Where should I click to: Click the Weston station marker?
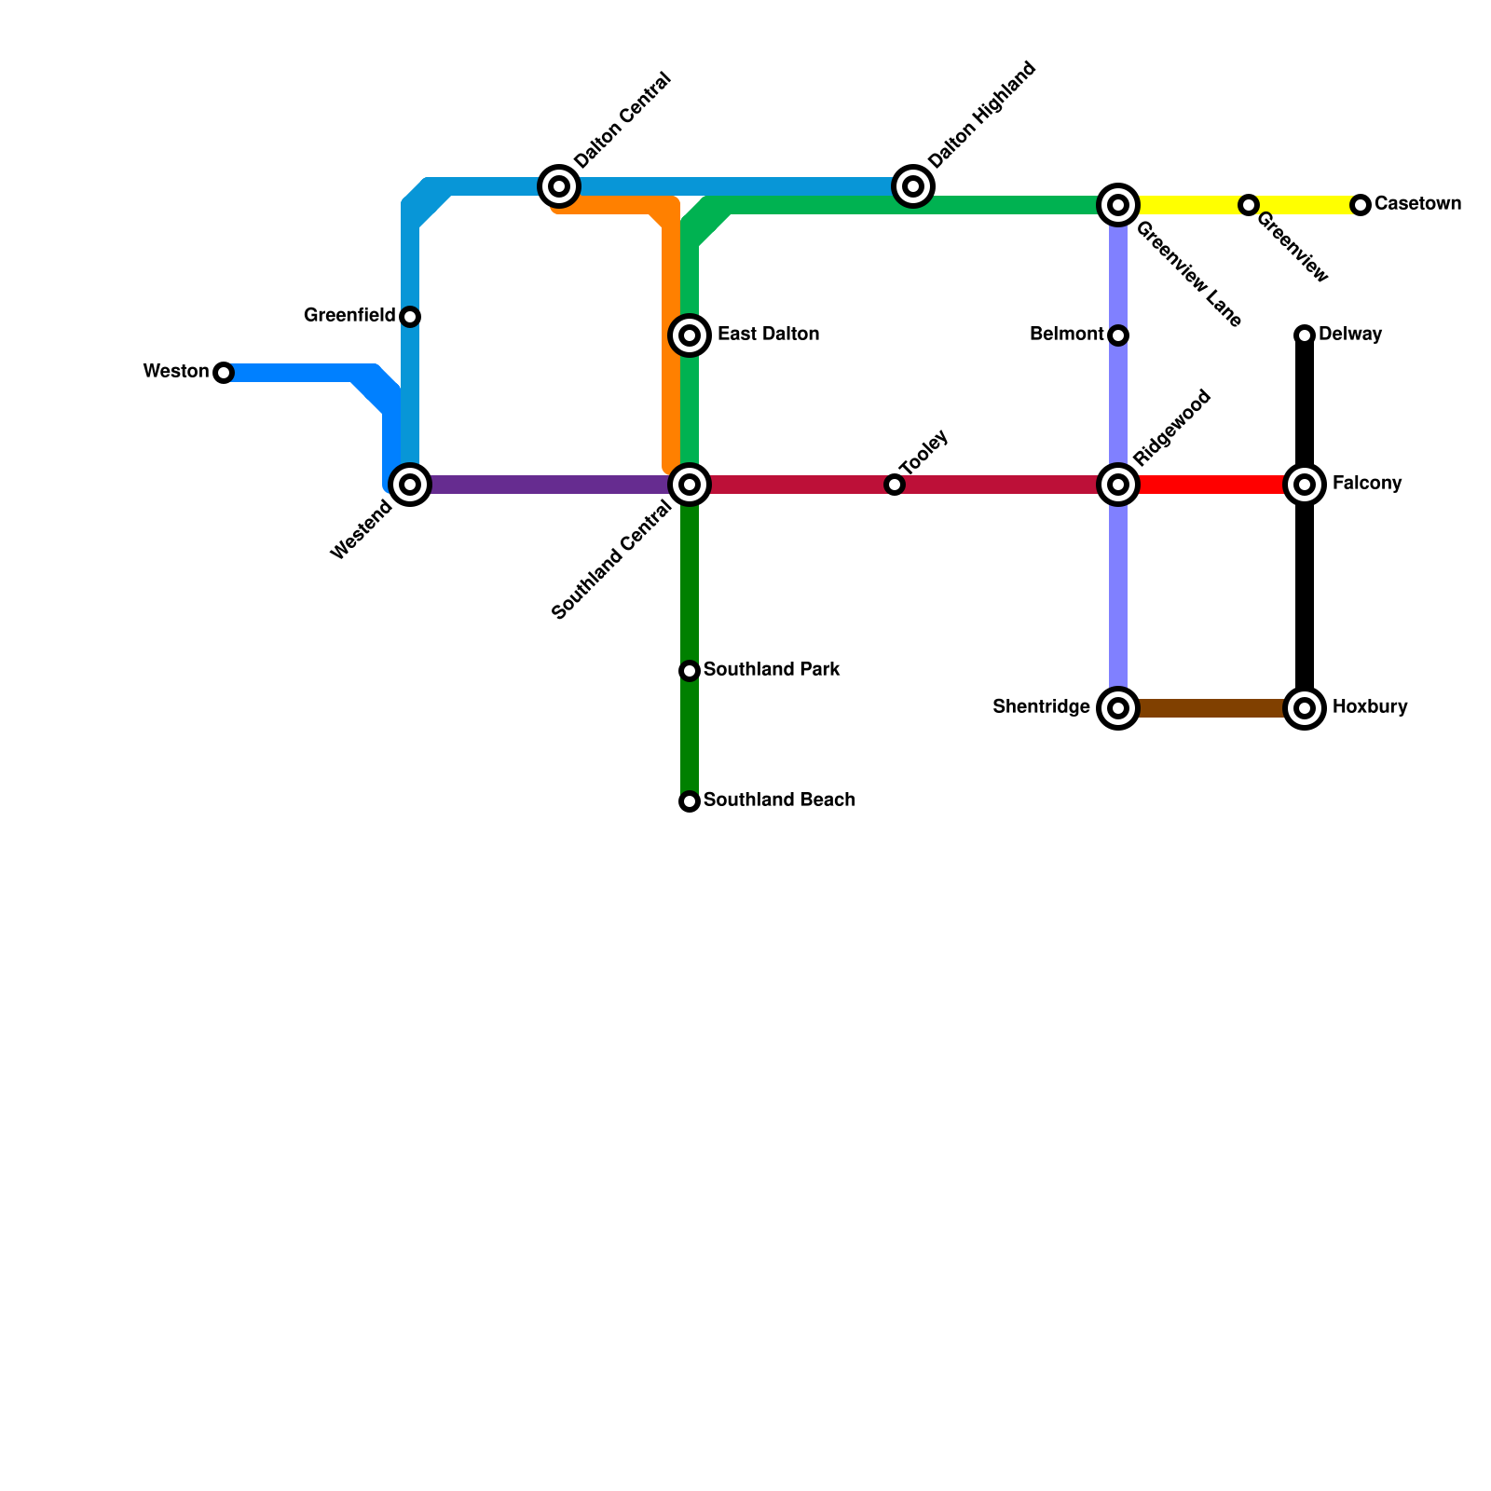click(224, 373)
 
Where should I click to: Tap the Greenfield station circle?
click(410, 317)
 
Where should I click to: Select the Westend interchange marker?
click(410, 485)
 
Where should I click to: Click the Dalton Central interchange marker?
click(559, 186)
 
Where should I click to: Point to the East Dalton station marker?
click(690, 335)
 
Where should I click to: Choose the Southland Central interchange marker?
click(690, 485)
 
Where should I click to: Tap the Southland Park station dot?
click(690, 671)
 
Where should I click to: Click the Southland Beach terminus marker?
click(690, 801)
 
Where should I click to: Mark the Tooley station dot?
click(895, 485)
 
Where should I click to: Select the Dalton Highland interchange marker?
click(913, 186)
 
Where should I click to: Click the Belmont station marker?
click(1118, 335)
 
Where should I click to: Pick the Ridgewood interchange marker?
click(1118, 485)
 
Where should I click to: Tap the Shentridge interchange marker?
click(1118, 708)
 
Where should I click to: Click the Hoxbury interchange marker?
click(1305, 708)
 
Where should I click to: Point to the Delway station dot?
click(1305, 335)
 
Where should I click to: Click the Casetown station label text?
click(1417, 203)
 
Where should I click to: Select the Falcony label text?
click(1366, 484)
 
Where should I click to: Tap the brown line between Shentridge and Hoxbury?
click(1211, 708)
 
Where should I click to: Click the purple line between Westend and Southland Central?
click(550, 485)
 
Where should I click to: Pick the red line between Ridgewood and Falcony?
click(1211, 485)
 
